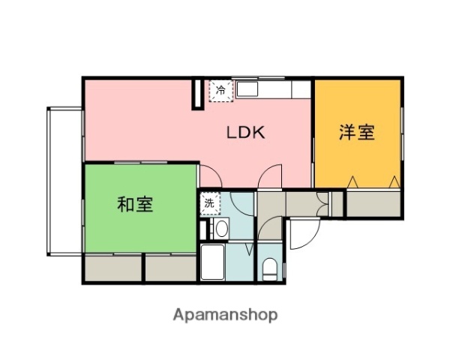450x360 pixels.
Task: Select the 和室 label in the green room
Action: [x=136, y=204]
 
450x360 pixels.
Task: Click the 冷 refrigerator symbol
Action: [x=220, y=90]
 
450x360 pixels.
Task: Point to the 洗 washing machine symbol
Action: [x=209, y=202]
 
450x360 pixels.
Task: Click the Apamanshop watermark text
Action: [x=225, y=315]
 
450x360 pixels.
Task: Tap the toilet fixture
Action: [x=270, y=268]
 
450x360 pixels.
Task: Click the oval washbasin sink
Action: [x=221, y=228]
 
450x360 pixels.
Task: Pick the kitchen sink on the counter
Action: [x=248, y=89]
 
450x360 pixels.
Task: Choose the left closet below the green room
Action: [x=112, y=268]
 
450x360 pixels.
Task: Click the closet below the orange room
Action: [x=373, y=202]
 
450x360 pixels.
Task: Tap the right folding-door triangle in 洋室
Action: [x=394, y=181]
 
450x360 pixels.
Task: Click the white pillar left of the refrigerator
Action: [x=198, y=94]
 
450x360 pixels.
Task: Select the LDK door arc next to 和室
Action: [x=211, y=178]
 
